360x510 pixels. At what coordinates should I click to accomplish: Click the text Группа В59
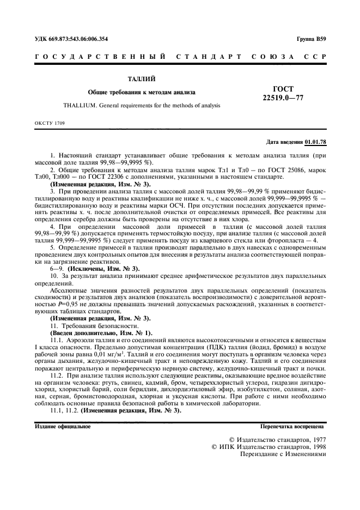click(x=312, y=40)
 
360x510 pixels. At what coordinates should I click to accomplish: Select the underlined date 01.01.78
click(x=315, y=142)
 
